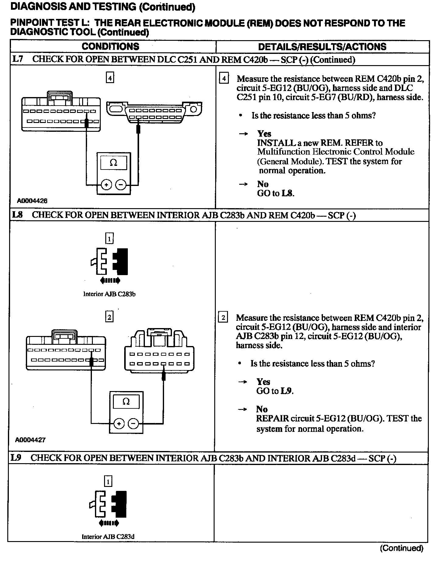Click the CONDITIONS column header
pos(110,46)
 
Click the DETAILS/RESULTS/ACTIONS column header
pos(322,47)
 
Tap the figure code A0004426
pos(32,201)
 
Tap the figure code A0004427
pos(30,440)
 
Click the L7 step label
pos(18,59)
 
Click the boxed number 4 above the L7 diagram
pos(110,78)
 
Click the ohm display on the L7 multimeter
pos(113,163)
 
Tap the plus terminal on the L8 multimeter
pos(119,424)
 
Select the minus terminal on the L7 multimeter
pos(121,185)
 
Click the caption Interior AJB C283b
pos(109,294)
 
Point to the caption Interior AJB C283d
pos(108,537)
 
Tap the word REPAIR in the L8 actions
pos(272,418)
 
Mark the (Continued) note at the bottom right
pos(401,548)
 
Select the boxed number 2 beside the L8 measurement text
pos(223,318)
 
